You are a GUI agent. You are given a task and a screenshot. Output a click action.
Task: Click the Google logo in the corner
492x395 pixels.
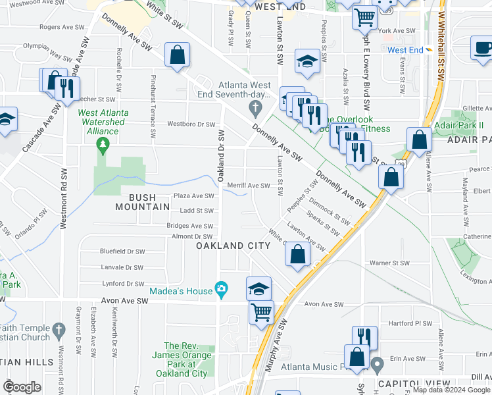click(x=22, y=387)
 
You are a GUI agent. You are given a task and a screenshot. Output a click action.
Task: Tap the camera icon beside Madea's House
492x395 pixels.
click(x=222, y=290)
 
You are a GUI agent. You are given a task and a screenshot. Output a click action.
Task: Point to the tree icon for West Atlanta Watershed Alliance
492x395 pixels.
click(x=102, y=144)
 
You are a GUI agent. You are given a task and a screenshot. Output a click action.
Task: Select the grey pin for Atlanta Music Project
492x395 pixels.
click(x=377, y=363)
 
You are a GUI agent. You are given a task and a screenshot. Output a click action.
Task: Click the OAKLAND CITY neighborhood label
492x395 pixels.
click(x=234, y=246)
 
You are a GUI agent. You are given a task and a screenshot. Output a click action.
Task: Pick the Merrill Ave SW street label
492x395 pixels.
click(x=249, y=186)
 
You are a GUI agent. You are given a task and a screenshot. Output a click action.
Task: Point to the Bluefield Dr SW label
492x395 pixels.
click(x=122, y=251)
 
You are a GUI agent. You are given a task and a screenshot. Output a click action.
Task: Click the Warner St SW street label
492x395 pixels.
click(x=389, y=263)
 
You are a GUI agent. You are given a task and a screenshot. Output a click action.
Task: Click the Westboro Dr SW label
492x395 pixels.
click(x=191, y=124)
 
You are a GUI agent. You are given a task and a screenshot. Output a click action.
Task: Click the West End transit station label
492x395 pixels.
click(x=405, y=49)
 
